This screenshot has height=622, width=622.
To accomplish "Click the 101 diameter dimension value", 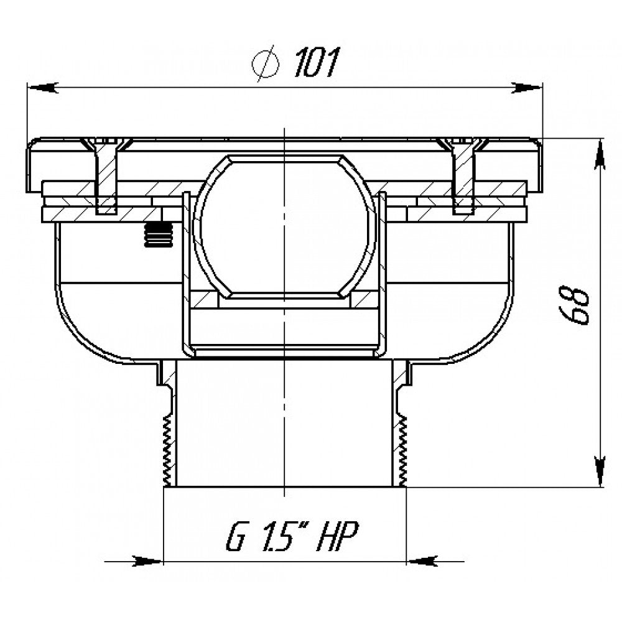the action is [317, 62].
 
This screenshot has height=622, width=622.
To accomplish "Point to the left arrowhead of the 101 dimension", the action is [42, 87].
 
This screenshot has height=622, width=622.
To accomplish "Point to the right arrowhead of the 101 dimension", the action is [527, 87].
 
